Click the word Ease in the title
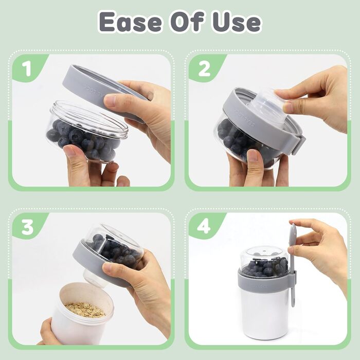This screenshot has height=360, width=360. [131, 23]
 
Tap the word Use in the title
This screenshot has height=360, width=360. [237, 23]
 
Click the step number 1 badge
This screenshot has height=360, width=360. [28, 68]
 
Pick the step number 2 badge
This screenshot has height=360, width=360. [204, 68]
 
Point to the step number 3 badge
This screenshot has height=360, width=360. [28, 227]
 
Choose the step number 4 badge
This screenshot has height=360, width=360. [204, 227]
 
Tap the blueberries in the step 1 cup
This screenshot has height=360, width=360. [83, 140]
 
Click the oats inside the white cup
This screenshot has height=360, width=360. [85, 309]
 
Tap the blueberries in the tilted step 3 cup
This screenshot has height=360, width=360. [117, 251]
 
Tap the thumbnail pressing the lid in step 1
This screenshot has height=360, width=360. [109, 101]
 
